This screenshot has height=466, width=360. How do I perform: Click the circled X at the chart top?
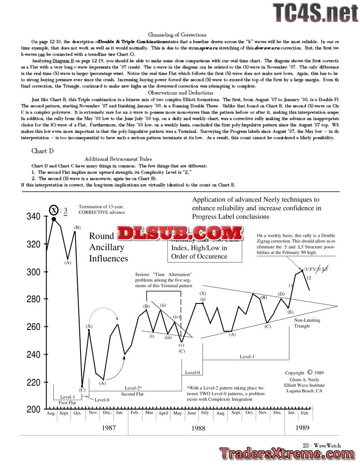pos(54,210)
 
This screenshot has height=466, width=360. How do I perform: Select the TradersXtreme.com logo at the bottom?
pos(288,454)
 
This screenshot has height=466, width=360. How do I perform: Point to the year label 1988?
pos(198,428)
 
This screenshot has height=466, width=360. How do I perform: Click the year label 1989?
pos(303,428)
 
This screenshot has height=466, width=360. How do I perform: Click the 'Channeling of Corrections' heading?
pos(177,35)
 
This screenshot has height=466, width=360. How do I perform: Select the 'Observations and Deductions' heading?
pos(177,92)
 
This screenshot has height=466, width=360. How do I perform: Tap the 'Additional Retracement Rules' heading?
pos(118,159)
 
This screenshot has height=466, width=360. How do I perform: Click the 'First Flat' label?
pos(68,402)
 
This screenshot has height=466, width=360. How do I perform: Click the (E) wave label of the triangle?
pos(290,312)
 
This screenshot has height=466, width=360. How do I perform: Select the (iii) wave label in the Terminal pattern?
pos(168,337)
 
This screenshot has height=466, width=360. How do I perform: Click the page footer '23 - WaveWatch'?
pos(321,446)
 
